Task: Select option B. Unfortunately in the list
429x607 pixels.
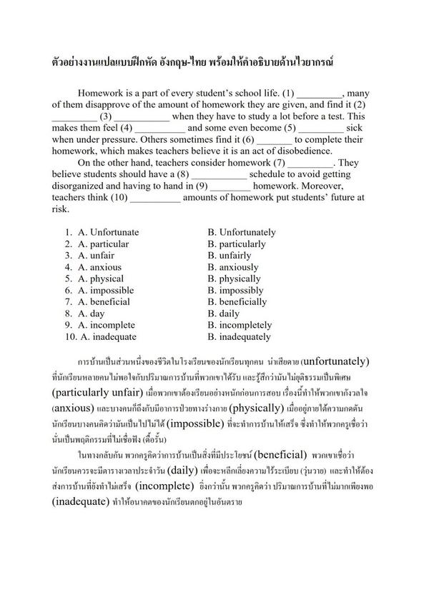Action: click(242, 232)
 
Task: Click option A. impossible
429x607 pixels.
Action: click(108, 290)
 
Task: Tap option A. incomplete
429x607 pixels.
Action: click(108, 325)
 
